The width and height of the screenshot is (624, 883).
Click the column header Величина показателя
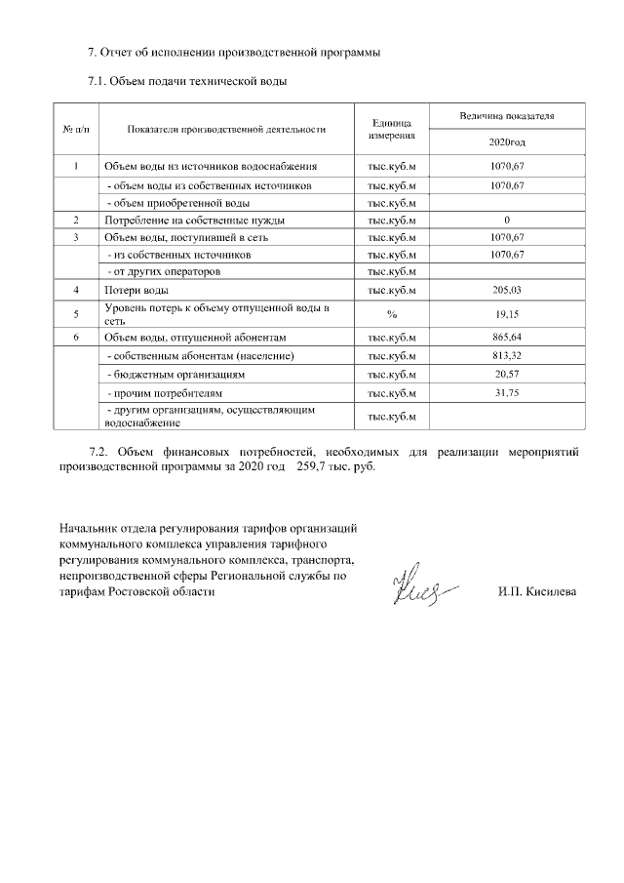click(507, 115)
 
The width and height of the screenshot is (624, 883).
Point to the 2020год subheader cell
click(507, 142)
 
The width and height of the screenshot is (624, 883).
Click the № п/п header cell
click(75, 129)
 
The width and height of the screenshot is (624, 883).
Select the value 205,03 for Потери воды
click(507, 291)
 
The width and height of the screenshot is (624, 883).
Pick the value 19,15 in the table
click(507, 314)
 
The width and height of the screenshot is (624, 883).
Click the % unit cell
click(392, 314)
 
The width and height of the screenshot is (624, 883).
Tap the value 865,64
click(507, 337)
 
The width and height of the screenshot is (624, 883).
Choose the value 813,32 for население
click(507, 355)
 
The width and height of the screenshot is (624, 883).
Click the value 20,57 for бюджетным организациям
click(507, 374)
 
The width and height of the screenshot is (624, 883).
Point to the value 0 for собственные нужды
click(507, 221)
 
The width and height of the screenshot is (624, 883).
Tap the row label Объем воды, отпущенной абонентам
click(194, 337)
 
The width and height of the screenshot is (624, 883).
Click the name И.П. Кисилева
click(537, 592)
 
